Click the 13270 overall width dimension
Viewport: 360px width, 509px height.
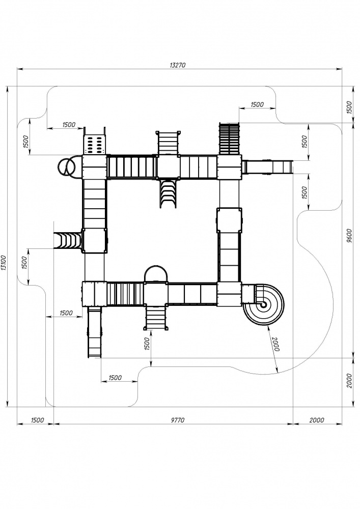click(x=177, y=65)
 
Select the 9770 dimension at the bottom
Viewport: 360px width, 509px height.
click(x=177, y=420)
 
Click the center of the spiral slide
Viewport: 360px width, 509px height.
click(x=263, y=304)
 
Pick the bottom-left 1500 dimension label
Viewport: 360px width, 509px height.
click(x=37, y=420)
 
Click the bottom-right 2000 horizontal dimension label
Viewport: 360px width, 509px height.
click(x=317, y=420)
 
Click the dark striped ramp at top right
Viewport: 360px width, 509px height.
click(x=230, y=138)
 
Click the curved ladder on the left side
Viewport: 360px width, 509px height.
click(x=67, y=240)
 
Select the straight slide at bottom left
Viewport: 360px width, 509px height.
click(x=95, y=332)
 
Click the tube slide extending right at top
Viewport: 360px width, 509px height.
click(x=267, y=167)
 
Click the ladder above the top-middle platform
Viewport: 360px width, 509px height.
click(x=168, y=143)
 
